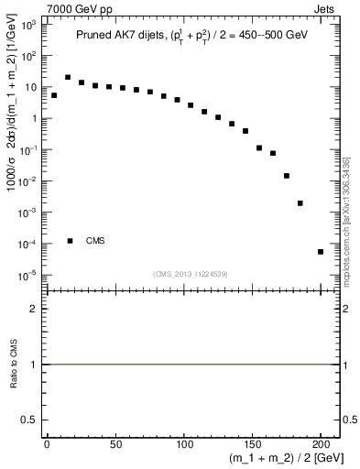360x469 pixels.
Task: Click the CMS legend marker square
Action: point(70,241)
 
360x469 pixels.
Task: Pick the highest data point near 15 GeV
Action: point(68,78)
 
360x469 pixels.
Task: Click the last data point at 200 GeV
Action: point(321,252)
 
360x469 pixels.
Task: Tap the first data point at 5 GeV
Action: point(54,95)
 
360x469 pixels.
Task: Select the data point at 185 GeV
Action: point(300,203)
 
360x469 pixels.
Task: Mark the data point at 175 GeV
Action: point(287,176)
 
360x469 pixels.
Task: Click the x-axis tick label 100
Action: point(183,444)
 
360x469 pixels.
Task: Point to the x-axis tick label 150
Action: point(252,444)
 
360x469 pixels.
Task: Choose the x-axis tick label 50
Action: point(115,444)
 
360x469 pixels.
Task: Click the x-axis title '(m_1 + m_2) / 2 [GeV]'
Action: point(286,459)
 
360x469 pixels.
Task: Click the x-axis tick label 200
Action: point(321,444)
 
